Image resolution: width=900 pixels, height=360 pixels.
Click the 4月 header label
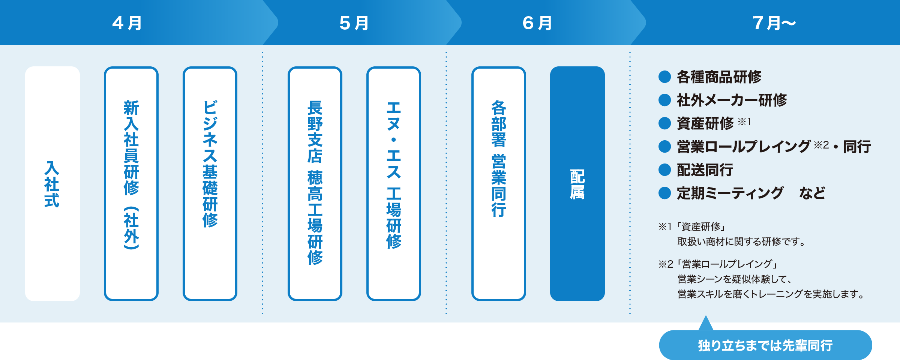127,23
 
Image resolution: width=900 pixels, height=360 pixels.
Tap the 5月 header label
354,23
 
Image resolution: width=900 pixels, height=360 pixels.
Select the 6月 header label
537,23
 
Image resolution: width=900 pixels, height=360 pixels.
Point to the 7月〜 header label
774,23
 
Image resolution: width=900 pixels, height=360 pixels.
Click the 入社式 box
52,184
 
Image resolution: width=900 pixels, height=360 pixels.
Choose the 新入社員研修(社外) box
131,184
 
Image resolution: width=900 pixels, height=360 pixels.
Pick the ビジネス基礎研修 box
210,184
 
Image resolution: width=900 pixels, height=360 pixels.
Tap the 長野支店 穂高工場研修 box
315,184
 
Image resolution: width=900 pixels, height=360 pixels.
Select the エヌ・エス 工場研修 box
394,184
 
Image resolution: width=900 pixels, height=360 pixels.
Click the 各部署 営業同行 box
499,184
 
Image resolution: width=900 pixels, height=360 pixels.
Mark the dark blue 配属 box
577,184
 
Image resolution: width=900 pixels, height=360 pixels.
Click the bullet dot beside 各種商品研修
664,77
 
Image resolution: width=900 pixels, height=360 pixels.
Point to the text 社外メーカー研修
732,100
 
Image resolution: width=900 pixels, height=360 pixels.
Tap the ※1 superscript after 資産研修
744,121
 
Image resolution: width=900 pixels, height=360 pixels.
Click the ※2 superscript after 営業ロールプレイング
821,145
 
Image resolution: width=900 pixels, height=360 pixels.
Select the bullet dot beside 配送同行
664,170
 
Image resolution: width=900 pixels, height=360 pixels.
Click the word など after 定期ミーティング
812,193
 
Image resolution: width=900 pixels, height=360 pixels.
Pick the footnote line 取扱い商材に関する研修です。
741,241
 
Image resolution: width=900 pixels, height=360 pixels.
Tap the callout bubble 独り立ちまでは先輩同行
765,345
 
